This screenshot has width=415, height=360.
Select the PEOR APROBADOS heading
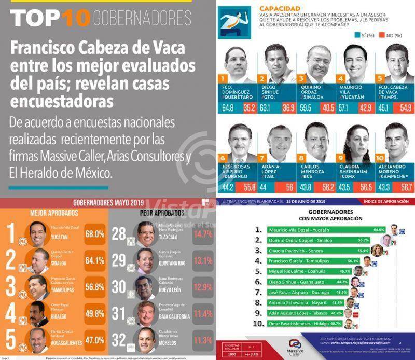162,213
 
